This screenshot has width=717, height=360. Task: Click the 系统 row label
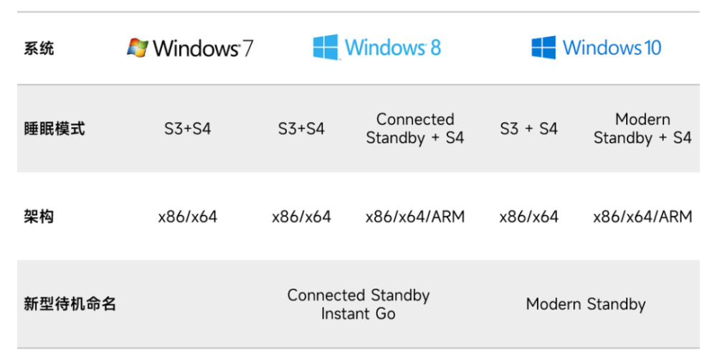coord(39,48)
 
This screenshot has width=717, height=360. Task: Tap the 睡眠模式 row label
coord(54,128)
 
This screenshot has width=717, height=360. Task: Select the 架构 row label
coord(39,217)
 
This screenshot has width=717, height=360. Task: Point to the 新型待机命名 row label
coord(70,304)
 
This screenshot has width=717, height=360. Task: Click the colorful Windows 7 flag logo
coord(138,47)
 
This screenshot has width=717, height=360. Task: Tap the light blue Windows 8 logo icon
coord(326,47)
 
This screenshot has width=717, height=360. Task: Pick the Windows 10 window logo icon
coord(543,47)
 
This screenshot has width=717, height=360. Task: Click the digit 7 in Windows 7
coord(247,48)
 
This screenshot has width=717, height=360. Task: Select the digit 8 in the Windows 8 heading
coord(435,47)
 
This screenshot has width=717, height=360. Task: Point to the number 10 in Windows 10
coord(653,47)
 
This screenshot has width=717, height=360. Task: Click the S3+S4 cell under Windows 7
coord(187,128)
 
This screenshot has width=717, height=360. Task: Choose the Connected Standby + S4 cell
coord(415,128)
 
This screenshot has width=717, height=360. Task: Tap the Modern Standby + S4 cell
coord(642,128)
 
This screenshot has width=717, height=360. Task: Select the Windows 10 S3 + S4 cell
coord(528,128)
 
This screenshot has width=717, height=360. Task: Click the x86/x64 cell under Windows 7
coord(187,217)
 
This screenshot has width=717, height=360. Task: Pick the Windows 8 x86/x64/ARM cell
coord(415,217)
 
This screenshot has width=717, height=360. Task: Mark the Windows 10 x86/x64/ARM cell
coord(642,217)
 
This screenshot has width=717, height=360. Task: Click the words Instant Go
coord(358,314)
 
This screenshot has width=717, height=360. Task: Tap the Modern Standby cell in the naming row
coord(586,304)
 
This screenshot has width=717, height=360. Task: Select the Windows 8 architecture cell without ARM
coord(301,217)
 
